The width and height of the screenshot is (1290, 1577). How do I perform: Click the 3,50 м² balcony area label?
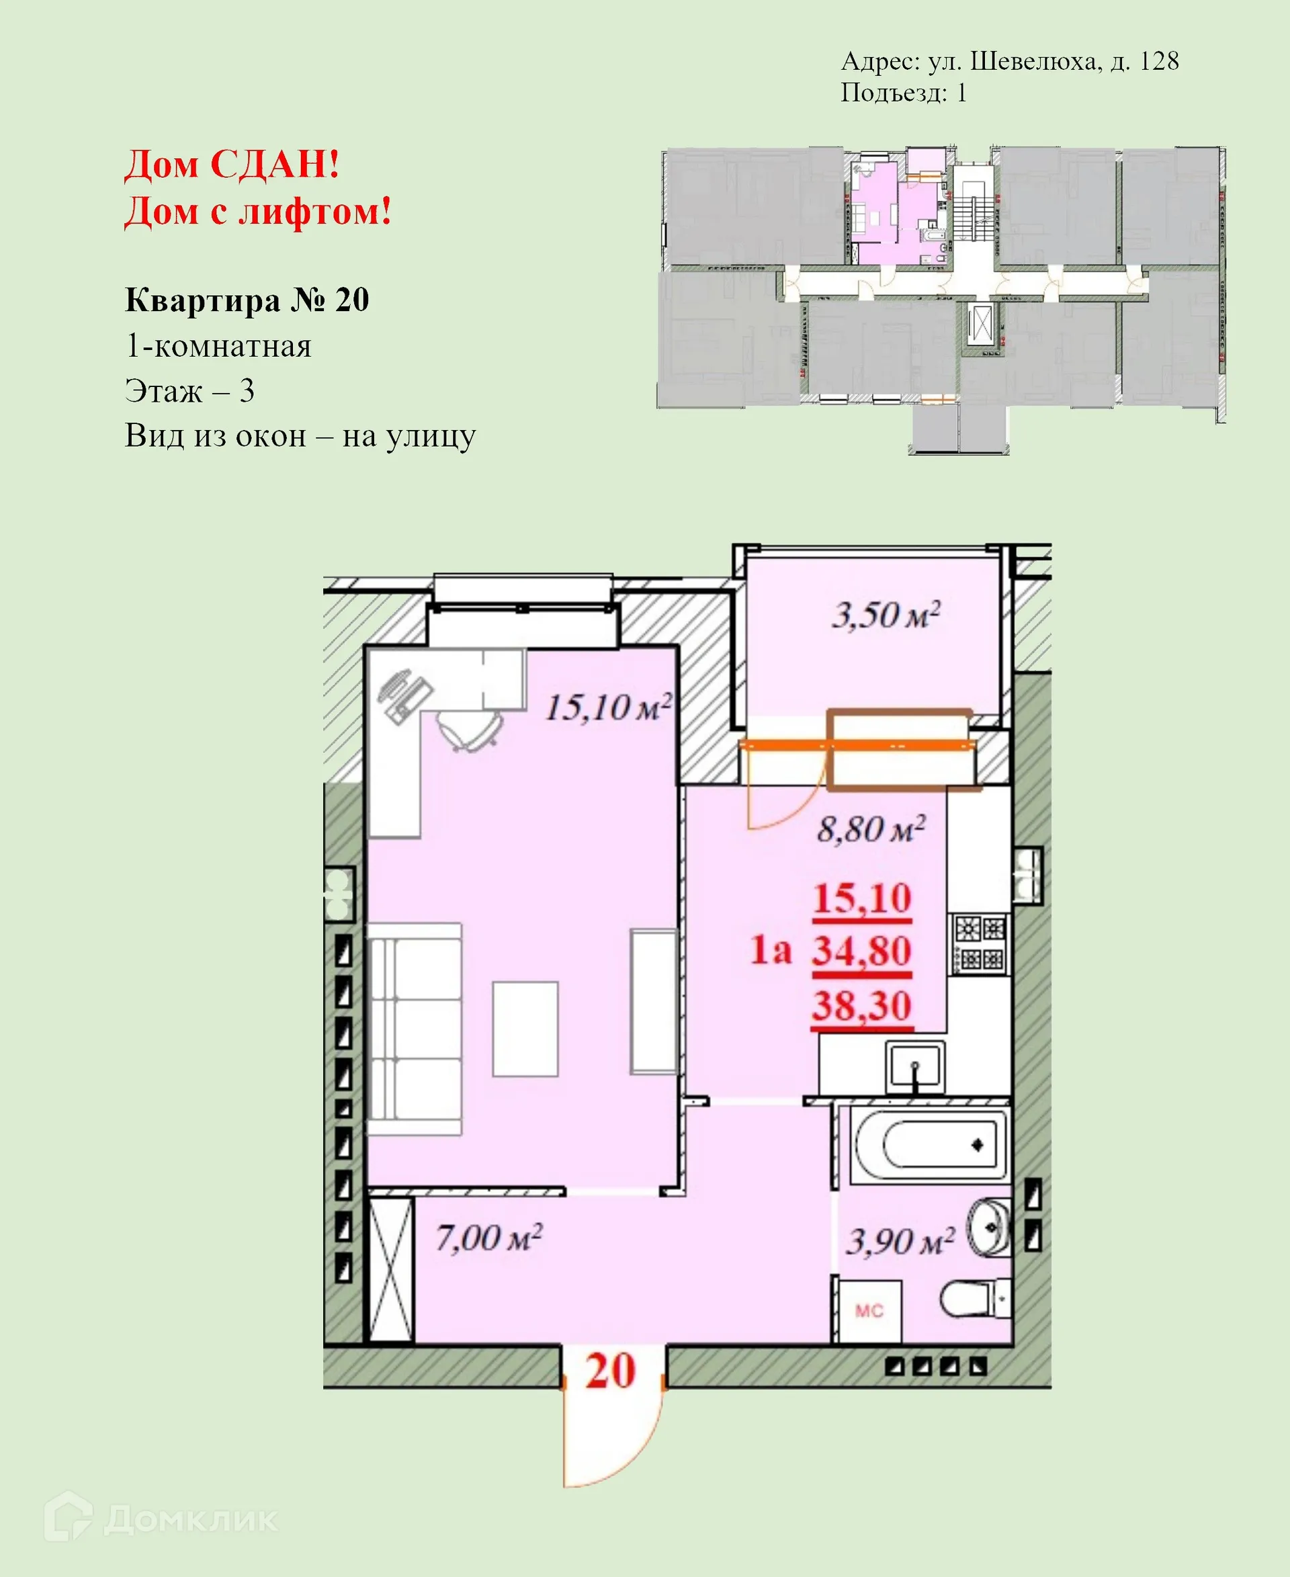[885, 616]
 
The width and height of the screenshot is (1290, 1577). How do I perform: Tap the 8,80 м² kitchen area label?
[871, 829]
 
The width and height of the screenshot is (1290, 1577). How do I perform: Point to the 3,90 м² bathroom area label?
[900, 1242]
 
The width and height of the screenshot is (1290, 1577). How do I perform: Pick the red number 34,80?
[861, 951]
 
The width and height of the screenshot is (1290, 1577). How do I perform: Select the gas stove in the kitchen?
[980, 944]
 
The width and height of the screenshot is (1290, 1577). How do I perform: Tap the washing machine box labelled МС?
[868, 1310]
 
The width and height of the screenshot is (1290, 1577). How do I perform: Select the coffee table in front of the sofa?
[525, 1029]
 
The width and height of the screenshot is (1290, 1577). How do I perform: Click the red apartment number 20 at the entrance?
[610, 1371]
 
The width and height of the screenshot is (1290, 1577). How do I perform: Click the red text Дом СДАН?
[232, 164]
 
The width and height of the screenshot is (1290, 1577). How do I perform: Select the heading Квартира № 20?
[247, 300]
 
